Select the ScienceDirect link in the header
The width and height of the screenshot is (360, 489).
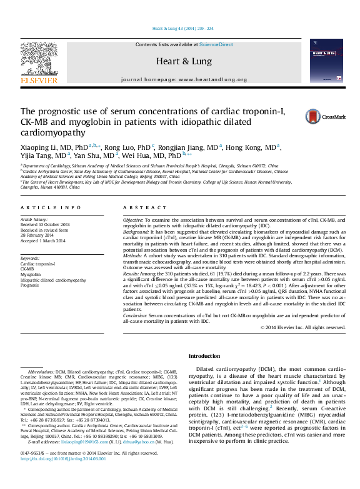[x=216, y=45]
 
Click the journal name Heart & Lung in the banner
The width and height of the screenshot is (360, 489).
[x=180, y=61]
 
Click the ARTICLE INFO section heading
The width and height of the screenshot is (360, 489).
[x=51, y=207]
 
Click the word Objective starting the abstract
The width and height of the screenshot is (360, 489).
[x=133, y=220]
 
